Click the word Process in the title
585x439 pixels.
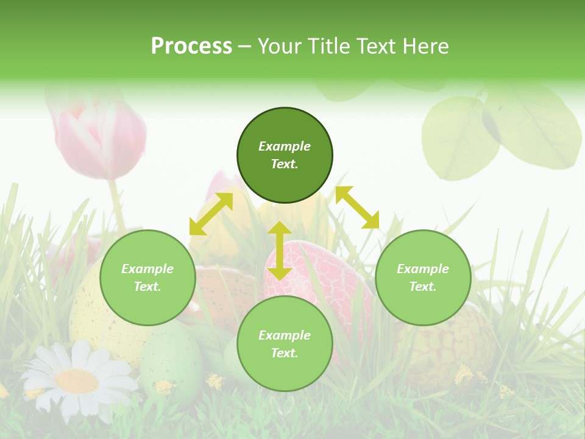pyautogui.click(x=191, y=46)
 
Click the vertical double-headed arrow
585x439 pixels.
pyautogui.click(x=280, y=251)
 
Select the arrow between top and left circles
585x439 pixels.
pyautogui.click(x=211, y=214)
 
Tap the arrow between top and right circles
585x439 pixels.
pyautogui.click(x=357, y=207)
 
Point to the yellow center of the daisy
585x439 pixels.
pyautogui.click(x=77, y=381)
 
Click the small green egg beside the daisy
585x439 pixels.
pyautogui.click(x=172, y=357)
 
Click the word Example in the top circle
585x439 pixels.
pyautogui.click(x=285, y=146)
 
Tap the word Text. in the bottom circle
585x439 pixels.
pyautogui.click(x=285, y=353)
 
